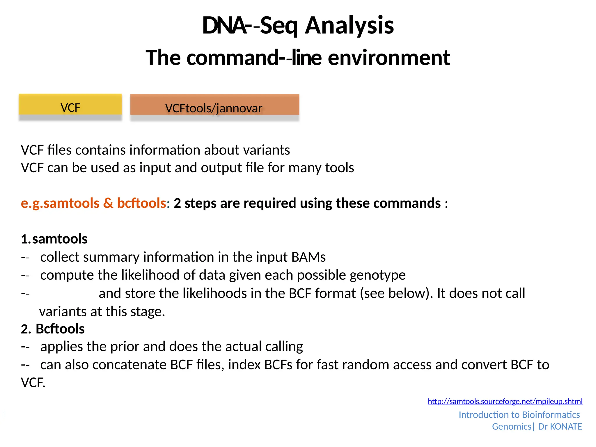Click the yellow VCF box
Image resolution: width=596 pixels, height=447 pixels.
[x=70, y=105]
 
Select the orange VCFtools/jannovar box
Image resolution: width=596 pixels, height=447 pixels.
[x=214, y=105]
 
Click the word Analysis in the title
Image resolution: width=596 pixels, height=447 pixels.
[x=349, y=26]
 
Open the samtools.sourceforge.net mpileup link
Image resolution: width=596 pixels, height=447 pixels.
[x=505, y=401]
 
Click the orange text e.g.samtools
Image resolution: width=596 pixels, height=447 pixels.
[x=60, y=203]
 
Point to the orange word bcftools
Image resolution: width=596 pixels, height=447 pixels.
[x=141, y=203]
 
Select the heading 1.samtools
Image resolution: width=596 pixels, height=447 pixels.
[x=54, y=239]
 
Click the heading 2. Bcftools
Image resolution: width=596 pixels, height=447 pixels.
[x=53, y=329]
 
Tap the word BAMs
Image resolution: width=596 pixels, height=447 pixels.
[x=308, y=257]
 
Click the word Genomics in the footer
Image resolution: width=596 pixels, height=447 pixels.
[x=511, y=427]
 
